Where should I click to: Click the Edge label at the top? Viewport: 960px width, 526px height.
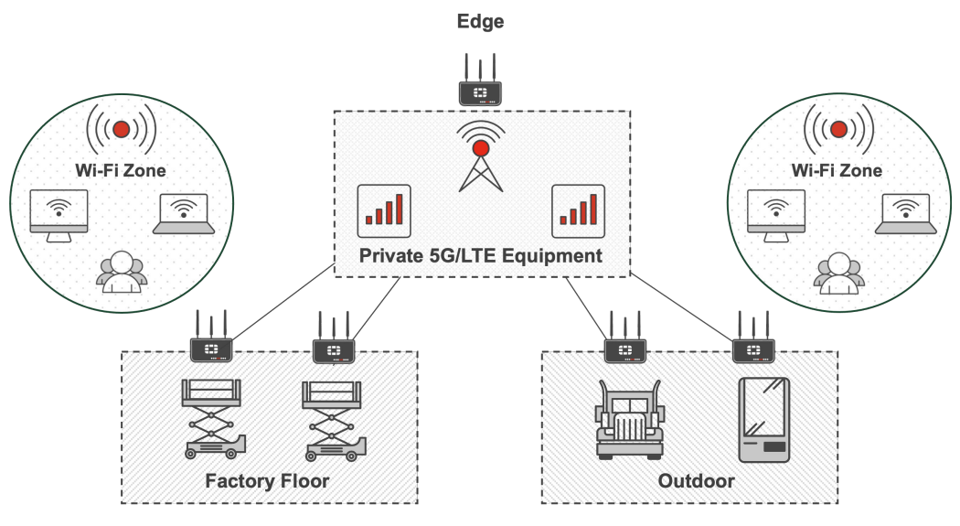[x=480, y=21]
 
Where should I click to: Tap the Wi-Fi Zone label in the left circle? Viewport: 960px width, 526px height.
[x=122, y=170]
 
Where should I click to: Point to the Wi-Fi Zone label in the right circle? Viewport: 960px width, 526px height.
[x=837, y=170]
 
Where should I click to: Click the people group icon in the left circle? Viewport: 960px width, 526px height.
[x=122, y=273]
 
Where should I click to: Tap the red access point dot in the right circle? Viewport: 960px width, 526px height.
[x=837, y=129]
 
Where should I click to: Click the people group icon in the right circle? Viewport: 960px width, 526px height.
[x=837, y=273]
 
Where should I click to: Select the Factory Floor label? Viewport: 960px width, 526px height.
[x=267, y=481]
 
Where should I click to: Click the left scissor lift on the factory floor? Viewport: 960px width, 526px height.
[x=213, y=418]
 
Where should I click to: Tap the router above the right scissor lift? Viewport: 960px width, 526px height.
[x=334, y=349]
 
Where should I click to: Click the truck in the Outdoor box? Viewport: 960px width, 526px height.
[x=629, y=418]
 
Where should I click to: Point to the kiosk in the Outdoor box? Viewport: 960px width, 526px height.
[x=763, y=418]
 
